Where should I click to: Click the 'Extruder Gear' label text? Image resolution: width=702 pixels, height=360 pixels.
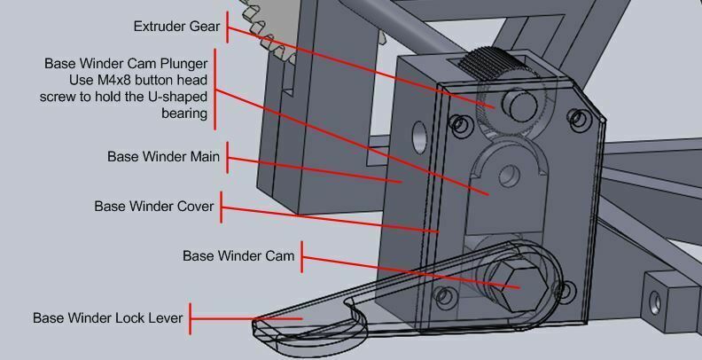click(177, 27)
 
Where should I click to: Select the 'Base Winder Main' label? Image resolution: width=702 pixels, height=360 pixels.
click(163, 157)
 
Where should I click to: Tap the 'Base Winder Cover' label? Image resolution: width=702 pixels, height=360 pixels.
click(154, 207)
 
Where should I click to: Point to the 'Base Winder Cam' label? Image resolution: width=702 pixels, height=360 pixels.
click(238, 256)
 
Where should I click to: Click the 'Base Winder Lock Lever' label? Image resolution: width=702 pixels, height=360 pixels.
click(108, 318)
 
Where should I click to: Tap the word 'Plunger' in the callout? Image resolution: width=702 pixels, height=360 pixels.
click(184, 64)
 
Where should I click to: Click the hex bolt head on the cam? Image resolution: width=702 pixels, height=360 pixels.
click(522, 286)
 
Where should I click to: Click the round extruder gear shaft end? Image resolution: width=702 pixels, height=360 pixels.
click(519, 105)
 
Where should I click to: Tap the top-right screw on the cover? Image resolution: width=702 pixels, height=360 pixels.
click(578, 119)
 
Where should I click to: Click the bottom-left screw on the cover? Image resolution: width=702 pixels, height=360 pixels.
click(443, 295)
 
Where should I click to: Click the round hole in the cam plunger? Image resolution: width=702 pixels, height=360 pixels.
click(509, 176)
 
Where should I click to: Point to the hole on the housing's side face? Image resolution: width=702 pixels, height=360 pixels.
click(419, 137)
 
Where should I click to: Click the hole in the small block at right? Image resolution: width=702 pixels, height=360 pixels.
click(655, 302)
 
